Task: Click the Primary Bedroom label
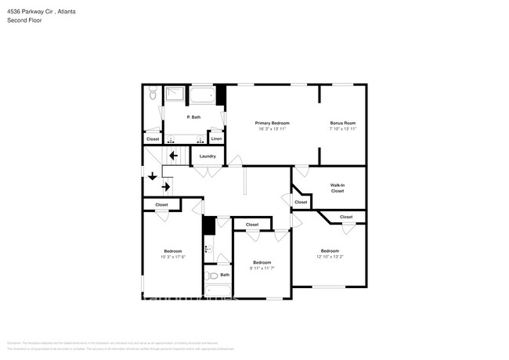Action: (273, 123)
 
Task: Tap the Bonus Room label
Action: (343, 123)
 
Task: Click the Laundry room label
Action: (208, 156)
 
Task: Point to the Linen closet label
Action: (217, 139)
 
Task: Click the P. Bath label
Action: (193, 117)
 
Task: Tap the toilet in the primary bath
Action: (153, 94)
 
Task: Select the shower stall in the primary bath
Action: (175, 96)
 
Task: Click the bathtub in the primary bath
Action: (203, 96)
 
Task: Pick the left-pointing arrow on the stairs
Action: (173, 156)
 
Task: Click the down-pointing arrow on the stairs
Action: (152, 176)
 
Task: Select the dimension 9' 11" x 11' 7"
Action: (262, 268)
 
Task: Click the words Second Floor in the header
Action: (26, 20)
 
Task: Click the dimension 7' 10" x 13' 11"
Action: (343, 128)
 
